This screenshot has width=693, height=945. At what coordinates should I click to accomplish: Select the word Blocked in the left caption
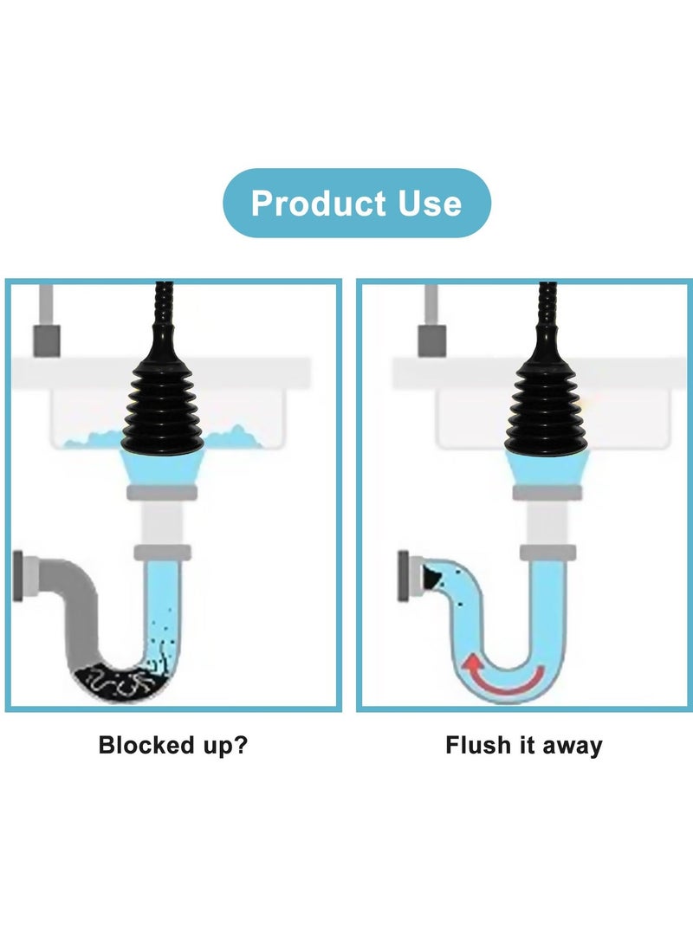pyautogui.click(x=144, y=745)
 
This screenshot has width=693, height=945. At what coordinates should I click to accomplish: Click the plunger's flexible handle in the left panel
pyautogui.click(x=162, y=307)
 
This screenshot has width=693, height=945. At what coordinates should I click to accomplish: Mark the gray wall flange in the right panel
pyautogui.click(x=404, y=574)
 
